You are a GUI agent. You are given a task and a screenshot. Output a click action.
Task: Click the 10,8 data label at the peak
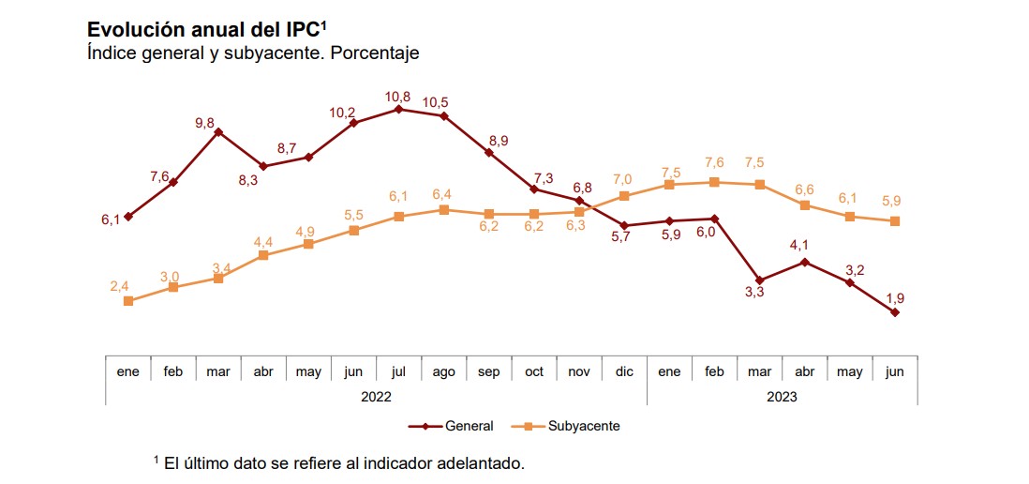pos(398,96)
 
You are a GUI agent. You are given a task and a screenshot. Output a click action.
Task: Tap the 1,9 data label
pos(895,298)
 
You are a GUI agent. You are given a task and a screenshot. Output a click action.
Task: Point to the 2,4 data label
pos(119,286)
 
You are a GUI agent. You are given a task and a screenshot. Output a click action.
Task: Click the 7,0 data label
pos(623,179)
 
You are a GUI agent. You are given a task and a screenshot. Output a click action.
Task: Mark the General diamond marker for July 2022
pos(399,109)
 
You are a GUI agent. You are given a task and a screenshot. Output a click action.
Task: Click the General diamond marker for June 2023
pos(895,312)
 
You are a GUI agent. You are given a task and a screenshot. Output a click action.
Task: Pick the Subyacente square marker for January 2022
pos(128,301)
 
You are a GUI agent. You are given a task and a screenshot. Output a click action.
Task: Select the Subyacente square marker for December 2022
pos(624,196)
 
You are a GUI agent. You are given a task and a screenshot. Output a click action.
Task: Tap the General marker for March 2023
pos(759,280)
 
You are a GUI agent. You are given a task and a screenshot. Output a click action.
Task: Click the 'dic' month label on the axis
pos(624,372)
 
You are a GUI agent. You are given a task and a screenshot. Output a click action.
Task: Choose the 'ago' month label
pos(443,372)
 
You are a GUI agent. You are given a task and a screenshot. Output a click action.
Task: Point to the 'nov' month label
pos(579,372)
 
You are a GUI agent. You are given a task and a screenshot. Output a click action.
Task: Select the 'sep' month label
pos(489,372)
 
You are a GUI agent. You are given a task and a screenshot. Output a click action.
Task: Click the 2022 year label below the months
pos(376,397)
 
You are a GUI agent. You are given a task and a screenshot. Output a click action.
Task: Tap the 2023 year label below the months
pos(782,397)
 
